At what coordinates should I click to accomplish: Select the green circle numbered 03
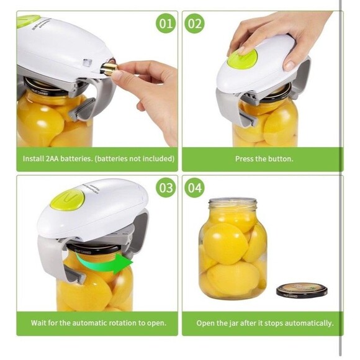(x=166, y=187)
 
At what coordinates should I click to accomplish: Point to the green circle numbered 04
(x=195, y=187)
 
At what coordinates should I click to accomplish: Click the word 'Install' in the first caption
(x=34, y=159)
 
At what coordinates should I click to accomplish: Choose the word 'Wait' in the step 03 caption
(x=39, y=323)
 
